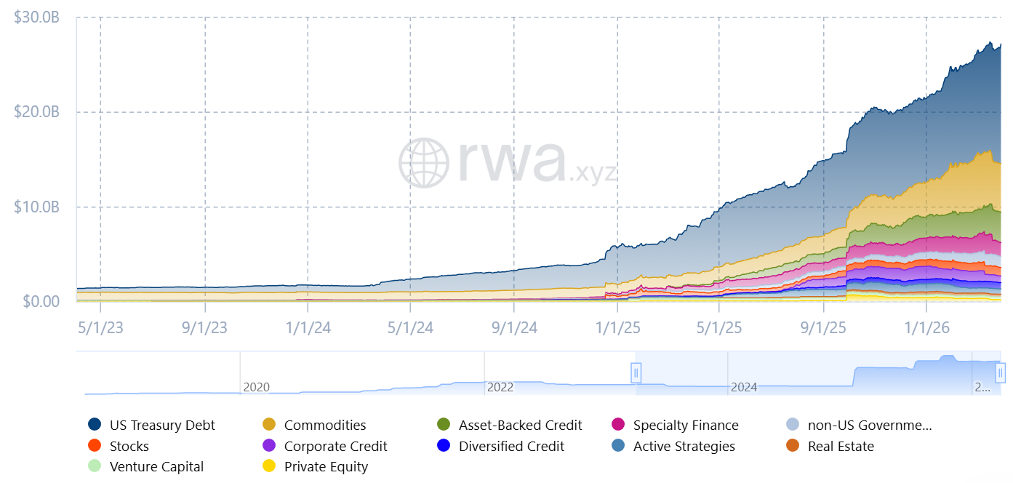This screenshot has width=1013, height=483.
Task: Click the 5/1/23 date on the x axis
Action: click(100, 328)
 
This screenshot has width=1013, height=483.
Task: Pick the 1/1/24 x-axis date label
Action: click(308, 328)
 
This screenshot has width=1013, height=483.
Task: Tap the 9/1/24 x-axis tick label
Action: click(514, 328)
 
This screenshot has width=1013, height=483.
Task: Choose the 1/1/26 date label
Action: click(926, 328)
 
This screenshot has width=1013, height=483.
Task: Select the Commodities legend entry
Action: click(324, 426)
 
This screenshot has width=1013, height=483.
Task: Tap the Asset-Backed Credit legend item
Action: click(520, 426)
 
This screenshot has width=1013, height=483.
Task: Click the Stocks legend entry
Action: click(129, 447)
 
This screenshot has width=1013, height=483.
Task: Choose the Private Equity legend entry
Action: click(325, 467)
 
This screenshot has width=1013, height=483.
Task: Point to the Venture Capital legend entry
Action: click(156, 467)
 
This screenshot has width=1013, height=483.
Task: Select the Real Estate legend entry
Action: click(840, 447)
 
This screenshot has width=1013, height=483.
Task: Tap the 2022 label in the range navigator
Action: click(500, 387)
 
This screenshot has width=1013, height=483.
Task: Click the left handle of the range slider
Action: click(636, 373)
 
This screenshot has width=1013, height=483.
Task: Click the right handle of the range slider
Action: click(1001, 373)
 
